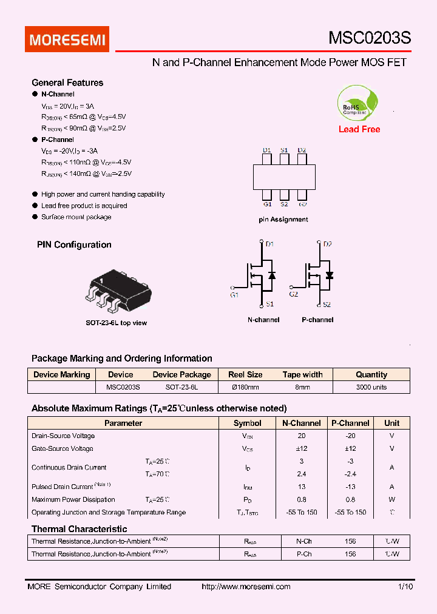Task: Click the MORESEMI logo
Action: [67, 39]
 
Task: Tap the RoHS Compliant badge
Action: [359, 104]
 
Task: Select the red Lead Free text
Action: [359, 129]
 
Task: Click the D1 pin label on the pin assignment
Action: [267, 150]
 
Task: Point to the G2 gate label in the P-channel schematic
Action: [294, 294]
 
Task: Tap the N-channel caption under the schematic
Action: [263, 320]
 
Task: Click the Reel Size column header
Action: [245, 374]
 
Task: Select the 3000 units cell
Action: [371, 387]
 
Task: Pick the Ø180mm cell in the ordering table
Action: [245, 387]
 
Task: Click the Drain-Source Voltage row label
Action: [63, 436]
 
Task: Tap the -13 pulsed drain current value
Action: [350, 487]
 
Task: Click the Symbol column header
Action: [248, 423]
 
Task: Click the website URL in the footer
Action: [245, 587]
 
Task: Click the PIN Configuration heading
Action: [74, 245]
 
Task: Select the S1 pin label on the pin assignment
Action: [284, 150]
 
